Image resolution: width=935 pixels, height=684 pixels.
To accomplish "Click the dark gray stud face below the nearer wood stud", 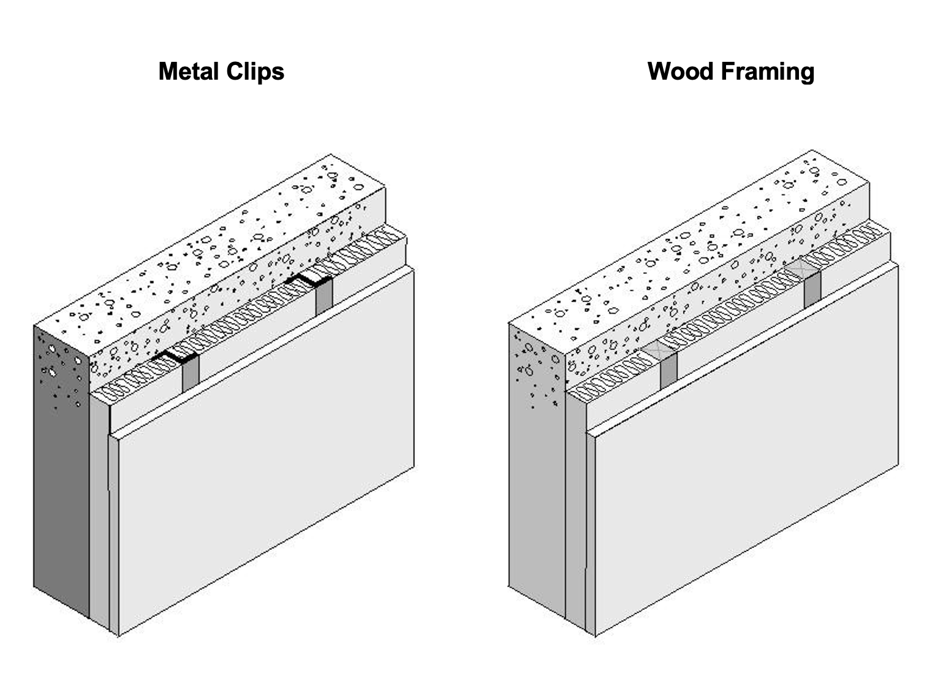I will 668,370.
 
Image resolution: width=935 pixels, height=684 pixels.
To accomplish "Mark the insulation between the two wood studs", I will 729,310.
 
